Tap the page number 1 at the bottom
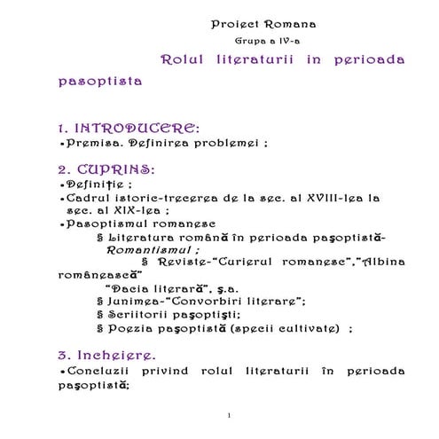[x=228, y=416]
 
